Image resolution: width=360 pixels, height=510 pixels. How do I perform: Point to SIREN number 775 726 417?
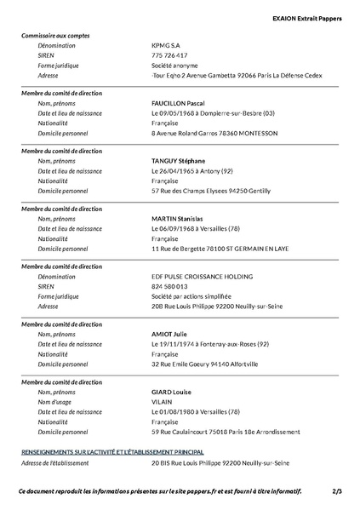(x=169, y=55)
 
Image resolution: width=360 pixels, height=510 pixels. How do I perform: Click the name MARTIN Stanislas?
(x=177, y=219)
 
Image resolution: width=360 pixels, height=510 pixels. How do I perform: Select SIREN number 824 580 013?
(x=169, y=286)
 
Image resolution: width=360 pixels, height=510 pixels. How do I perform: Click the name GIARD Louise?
(x=171, y=392)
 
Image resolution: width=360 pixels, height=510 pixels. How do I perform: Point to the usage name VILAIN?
(x=163, y=402)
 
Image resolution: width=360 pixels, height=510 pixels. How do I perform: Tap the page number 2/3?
(x=338, y=491)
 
